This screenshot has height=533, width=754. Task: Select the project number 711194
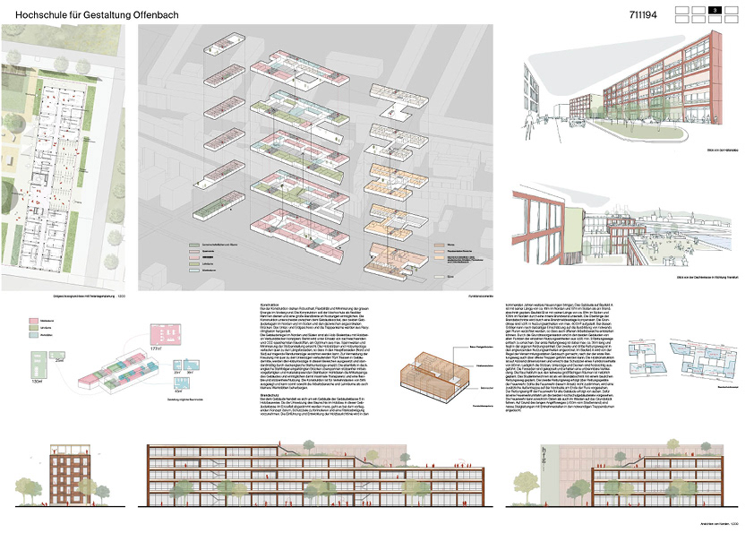651,13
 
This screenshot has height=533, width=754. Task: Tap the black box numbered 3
715,11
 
